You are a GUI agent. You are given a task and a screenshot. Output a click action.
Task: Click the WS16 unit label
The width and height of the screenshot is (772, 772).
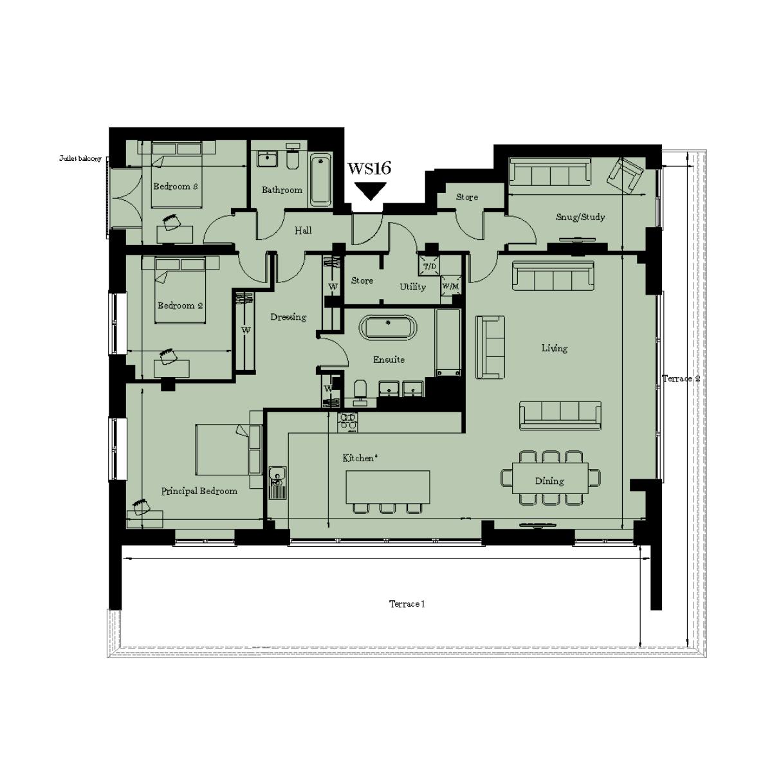[369, 169]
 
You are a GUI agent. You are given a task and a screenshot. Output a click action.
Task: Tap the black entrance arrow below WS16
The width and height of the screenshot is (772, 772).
[371, 191]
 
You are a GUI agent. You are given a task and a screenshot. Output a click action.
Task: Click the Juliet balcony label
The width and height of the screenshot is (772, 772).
[80, 158]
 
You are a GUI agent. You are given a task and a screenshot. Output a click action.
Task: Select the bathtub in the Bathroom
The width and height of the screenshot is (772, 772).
[320, 179]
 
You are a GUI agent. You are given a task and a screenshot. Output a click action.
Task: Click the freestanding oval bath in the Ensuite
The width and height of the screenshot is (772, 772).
[387, 327]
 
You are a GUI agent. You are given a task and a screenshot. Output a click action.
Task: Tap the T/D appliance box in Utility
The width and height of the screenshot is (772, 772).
[429, 266]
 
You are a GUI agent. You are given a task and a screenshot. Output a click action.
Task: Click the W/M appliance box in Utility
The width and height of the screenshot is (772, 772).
[450, 286]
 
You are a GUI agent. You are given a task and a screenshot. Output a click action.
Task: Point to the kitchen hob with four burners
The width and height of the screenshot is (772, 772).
[349, 421]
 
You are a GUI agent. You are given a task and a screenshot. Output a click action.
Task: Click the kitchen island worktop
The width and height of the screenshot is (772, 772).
[388, 487]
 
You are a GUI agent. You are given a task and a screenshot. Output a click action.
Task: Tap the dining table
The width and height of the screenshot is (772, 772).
[550, 479]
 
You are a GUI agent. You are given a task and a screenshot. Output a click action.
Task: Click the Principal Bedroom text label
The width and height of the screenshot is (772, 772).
[199, 491]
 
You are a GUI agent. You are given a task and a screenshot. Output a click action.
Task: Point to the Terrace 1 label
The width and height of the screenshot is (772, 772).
[407, 604]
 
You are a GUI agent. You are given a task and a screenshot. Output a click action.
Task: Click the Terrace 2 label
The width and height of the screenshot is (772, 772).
[681, 379]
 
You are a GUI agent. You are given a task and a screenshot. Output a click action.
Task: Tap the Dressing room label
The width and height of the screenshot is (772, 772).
[288, 317]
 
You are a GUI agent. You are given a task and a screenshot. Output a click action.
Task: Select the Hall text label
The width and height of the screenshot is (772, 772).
[303, 230]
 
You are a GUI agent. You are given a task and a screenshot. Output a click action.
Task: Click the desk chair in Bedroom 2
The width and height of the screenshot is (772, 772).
[168, 356]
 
